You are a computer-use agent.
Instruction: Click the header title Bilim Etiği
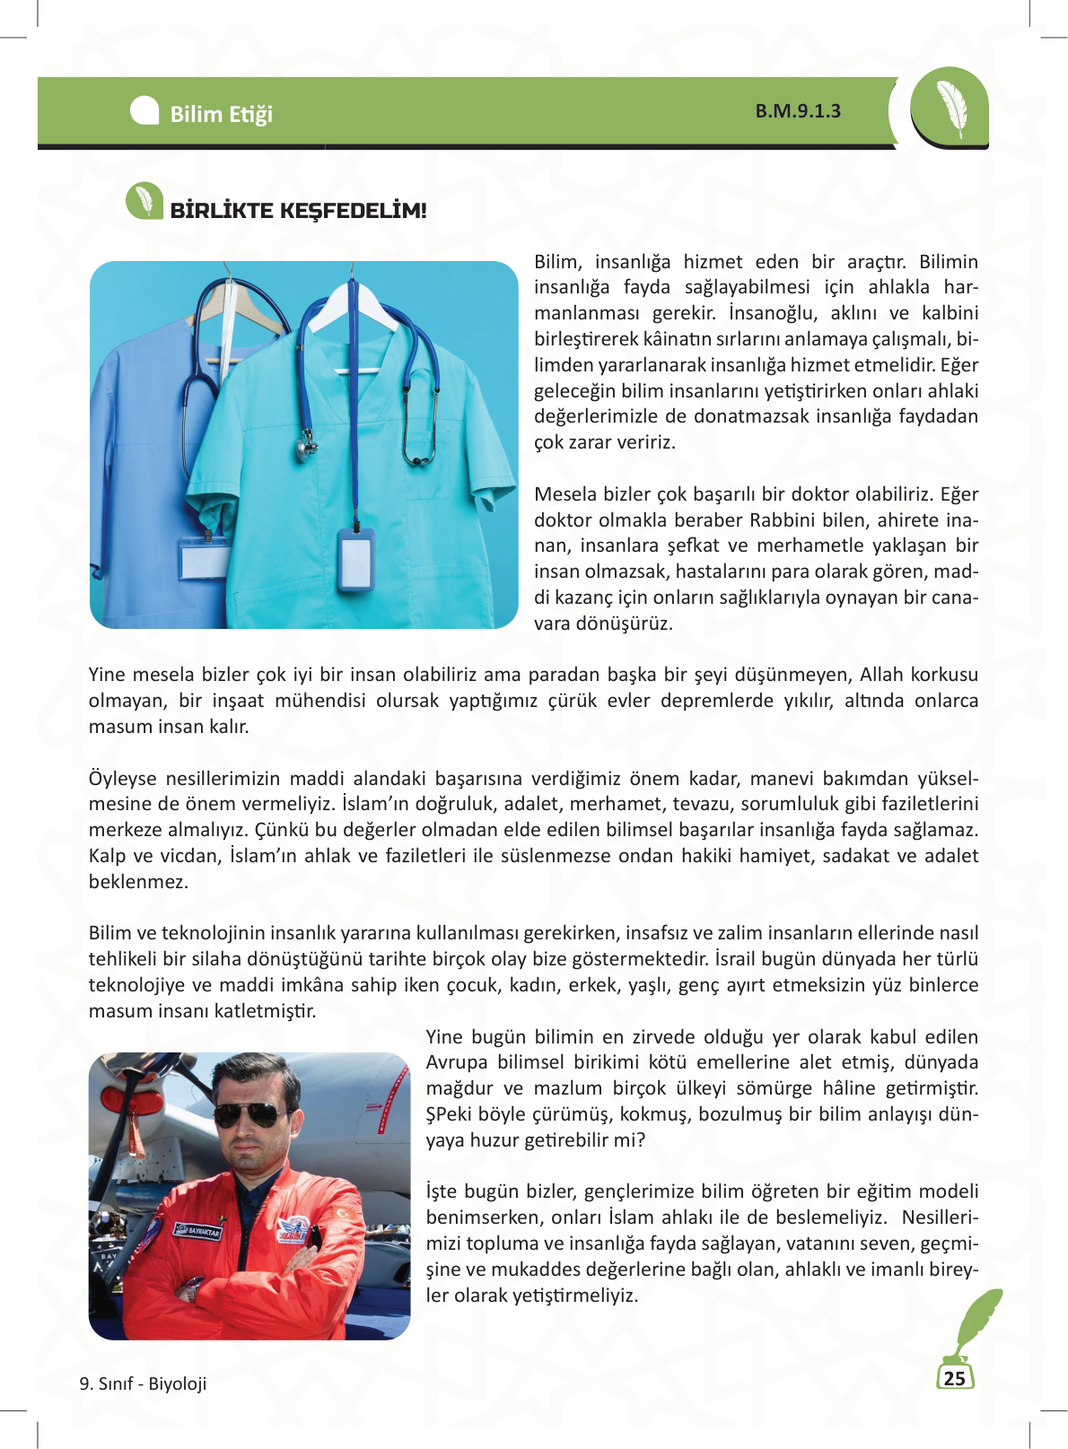(x=221, y=114)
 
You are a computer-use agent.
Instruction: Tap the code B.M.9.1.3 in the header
(x=798, y=111)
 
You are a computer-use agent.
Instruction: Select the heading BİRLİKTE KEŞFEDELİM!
(x=298, y=211)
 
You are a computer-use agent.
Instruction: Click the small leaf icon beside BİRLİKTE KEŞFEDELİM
(x=144, y=201)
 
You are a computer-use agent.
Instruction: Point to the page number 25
(x=955, y=1378)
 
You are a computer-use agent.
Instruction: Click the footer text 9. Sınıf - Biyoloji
(x=143, y=1384)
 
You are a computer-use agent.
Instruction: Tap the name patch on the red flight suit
(x=197, y=1230)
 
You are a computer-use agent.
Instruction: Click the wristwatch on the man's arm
(x=191, y=1291)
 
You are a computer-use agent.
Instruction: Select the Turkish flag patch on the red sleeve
(x=345, y=1214)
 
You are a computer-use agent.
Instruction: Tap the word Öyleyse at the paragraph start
(x=122, y=778)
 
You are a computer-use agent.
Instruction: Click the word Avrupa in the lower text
(x=455, y=1062)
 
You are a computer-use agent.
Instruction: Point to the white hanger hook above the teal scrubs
(x=353, y=274)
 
